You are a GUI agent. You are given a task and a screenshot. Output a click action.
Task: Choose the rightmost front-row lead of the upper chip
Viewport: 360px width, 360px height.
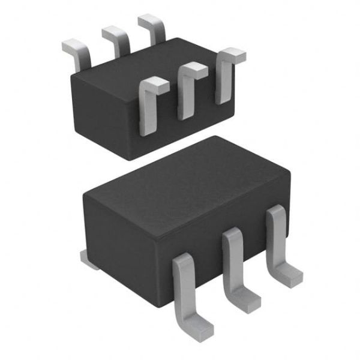click(225, 75)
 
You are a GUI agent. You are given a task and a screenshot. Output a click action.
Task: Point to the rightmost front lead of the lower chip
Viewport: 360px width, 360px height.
click(279, 240)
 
